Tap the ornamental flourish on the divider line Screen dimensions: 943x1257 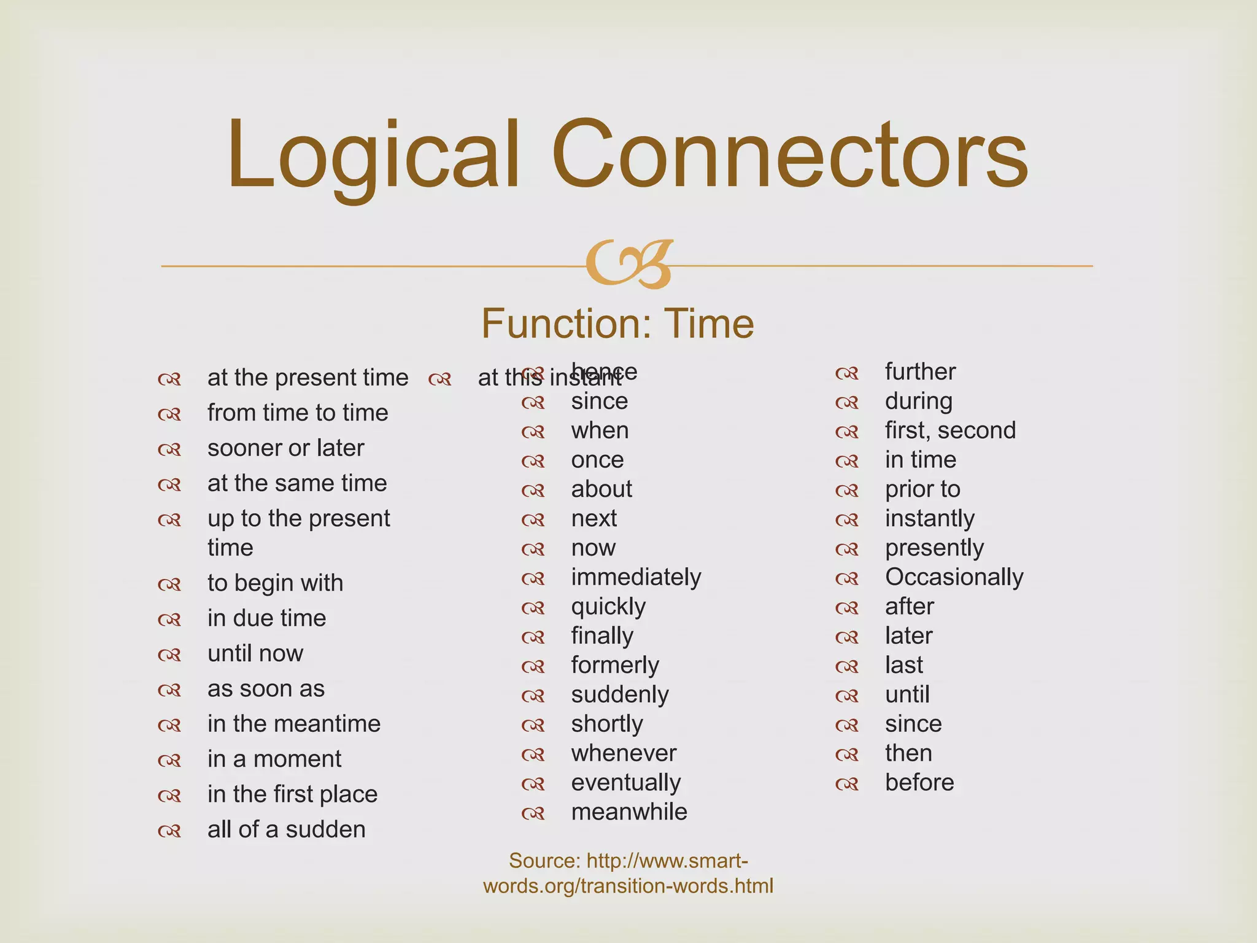tap(629, 265)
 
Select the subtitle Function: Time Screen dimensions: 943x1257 tap(617, 324)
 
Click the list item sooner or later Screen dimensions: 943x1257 tap(285, 448)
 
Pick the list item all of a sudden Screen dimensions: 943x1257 tap(286, 829)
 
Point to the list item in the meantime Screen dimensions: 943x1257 tap(293, 724)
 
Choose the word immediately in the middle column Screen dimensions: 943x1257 tap(636, 577)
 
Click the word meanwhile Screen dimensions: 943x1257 tap(629, 812)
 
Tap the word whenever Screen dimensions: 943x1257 tap(624, 753)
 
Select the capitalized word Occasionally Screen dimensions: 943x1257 tap(954, 577)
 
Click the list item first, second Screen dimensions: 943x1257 tap(950, 430)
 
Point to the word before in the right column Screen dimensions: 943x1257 tap(919, 783)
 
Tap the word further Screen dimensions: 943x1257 tap(920, 372)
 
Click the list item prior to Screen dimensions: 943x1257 tap(922, 489)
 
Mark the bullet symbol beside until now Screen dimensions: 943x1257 tap(169, 655)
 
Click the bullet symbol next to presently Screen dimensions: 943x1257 tap(847, 549)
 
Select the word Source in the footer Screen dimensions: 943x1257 tap(544, 861)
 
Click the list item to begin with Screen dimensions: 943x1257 tap(275, 583)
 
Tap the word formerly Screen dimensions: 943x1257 tap(615, 666)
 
